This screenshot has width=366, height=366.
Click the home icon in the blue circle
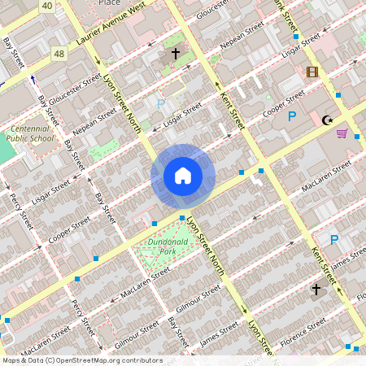click(183, 176)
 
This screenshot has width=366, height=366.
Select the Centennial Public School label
click(28, 134)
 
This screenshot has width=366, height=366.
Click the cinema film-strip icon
click(312, 72)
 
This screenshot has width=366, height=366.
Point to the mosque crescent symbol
click(328, 120)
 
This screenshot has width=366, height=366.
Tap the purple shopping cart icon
click(342, 133)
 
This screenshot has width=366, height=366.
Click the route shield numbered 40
click(47, 7)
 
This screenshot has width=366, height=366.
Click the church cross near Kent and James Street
click(316, 290)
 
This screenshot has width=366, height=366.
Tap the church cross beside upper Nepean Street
click(175, 54)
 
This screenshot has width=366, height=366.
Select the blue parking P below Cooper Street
click(292, 116)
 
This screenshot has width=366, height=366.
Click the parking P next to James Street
click(333, 240)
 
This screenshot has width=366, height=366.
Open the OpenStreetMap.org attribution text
click(81, 360)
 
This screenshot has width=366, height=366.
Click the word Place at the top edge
click(109, 2)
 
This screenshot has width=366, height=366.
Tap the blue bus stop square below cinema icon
click(336, 95)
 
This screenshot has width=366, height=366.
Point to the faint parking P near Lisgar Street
click(160, 103)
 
